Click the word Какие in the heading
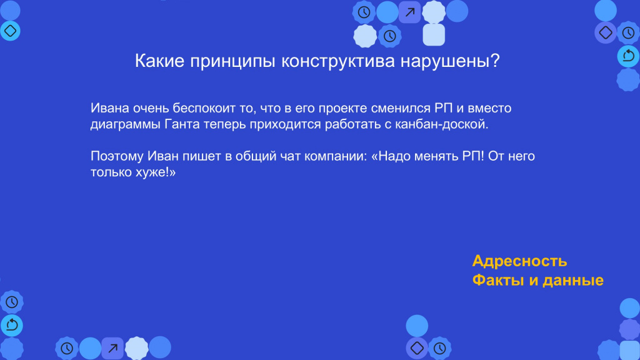159,61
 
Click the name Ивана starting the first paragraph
110,108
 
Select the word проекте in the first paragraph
342,108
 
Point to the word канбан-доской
442,124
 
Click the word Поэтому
117,156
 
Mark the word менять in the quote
436,156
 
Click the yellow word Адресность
519,261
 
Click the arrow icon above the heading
410,12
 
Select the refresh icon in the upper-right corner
628,56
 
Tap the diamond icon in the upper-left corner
10,31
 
